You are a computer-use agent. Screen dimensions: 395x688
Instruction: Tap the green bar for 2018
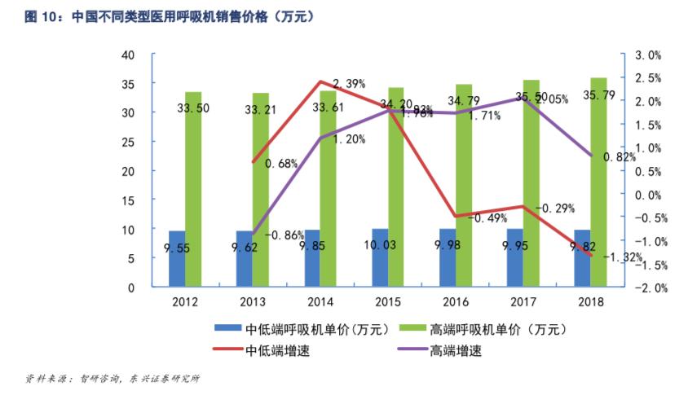click(x=598, y=182)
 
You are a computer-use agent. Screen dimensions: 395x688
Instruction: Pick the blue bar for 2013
click(x=245, y=259)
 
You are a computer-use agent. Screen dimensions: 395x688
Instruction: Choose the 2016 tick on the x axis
click(x=456, y=302)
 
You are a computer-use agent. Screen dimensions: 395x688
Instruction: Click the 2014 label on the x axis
click(x=320, y=302)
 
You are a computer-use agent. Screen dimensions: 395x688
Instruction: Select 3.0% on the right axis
click(x=647, y=55)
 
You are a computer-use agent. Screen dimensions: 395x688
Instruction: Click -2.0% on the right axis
click(x=647, y=287)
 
